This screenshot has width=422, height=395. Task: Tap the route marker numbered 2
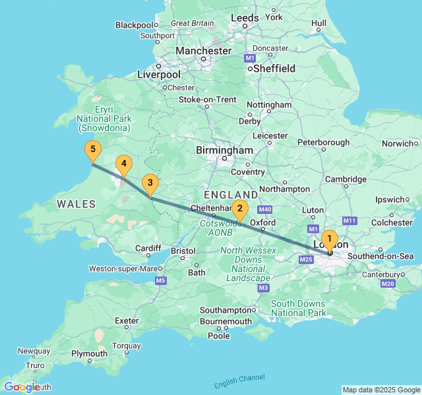point(239,210)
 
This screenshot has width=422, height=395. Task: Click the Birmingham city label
point(224,151)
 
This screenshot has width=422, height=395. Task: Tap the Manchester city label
point(203,51)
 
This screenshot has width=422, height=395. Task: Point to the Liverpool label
point(158,74)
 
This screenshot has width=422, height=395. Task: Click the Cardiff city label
point(148,248)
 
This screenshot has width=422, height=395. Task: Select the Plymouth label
point(89,354)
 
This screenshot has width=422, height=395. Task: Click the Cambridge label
point(345,179)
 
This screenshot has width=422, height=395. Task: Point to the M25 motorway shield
point(306,260)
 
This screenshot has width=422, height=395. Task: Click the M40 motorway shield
point(266,209)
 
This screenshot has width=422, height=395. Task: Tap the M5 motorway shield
point(161,281)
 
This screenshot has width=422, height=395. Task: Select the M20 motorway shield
point(387,284)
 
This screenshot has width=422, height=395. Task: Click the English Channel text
point(239,381)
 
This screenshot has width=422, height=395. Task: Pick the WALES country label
point(76,204)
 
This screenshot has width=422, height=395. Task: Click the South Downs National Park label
point(299,308)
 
